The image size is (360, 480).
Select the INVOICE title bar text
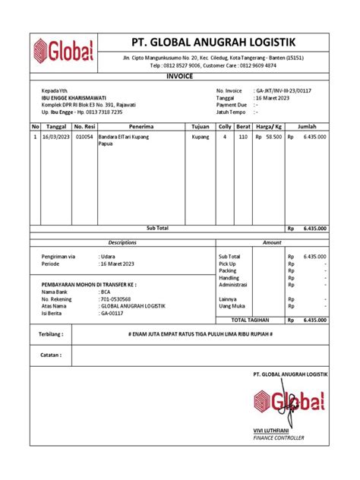(180, 76)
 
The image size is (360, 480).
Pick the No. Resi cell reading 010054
(84, 137)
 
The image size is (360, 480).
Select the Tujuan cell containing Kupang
(201, 137)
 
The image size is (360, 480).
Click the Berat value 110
(243, 137)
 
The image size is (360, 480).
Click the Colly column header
(224, 126)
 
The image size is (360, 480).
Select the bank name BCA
(106, 292)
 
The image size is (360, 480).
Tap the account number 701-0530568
(116, 298)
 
